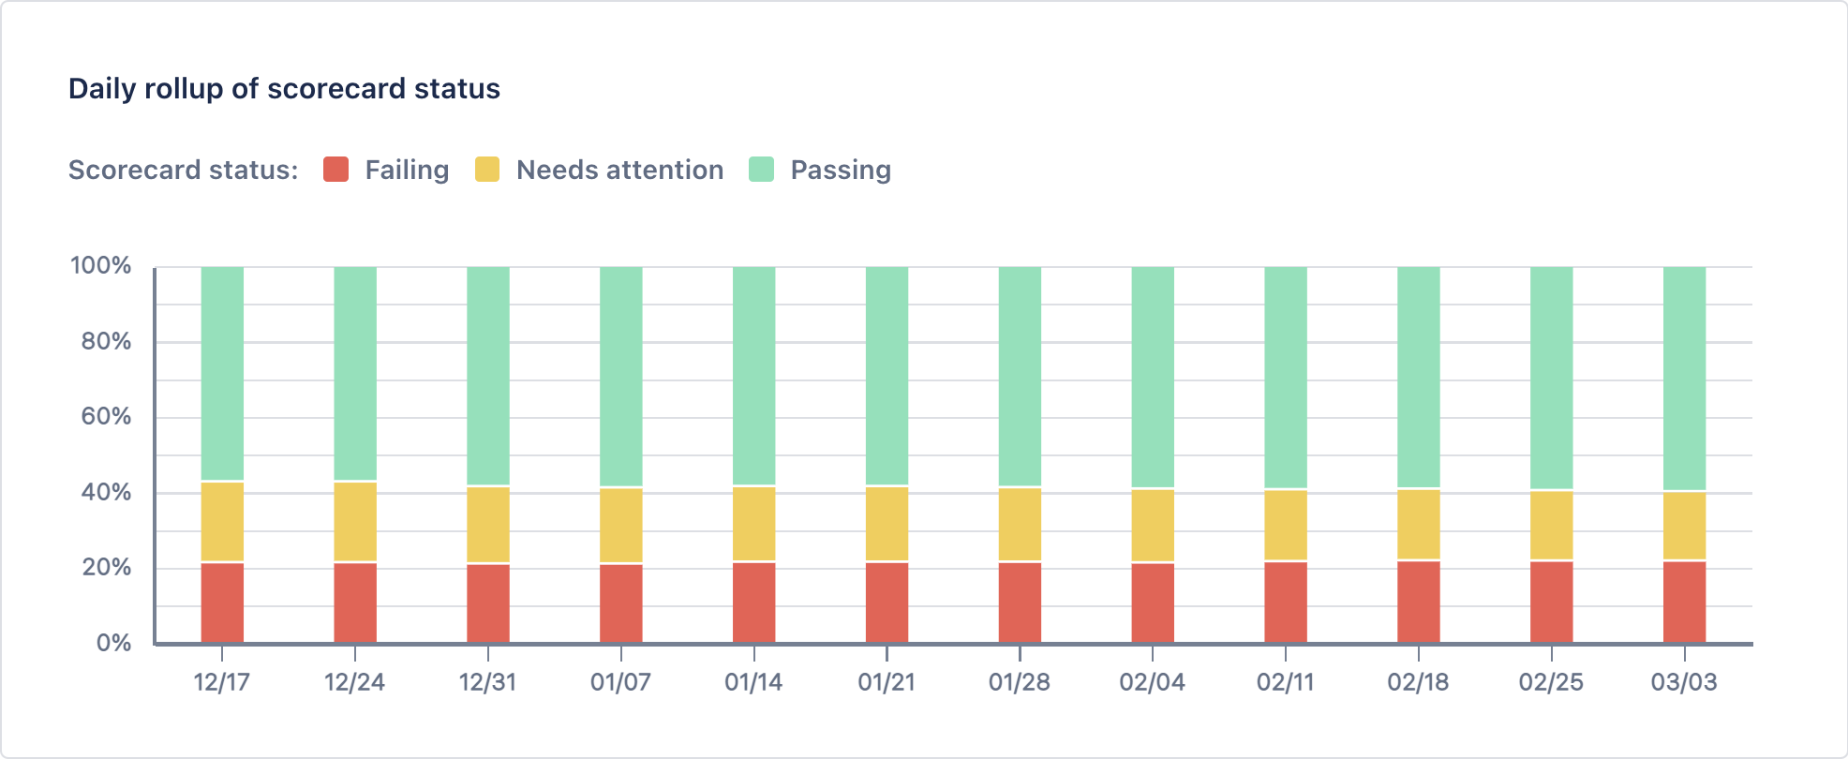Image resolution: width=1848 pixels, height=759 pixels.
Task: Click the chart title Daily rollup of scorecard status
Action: coord(284,88)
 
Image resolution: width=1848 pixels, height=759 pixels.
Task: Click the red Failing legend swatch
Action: coord(335,170)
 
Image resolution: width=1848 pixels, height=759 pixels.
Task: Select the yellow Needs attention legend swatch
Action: coord(487,170)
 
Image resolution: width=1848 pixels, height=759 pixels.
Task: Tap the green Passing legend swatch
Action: coord(761,170)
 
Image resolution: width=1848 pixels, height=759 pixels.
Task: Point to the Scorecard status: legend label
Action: coord(183,170)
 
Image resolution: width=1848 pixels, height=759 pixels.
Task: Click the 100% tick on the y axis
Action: coord(101,265)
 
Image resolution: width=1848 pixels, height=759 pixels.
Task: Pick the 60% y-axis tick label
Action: coord(106,416)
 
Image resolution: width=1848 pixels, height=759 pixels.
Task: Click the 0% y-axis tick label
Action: coord(113,643)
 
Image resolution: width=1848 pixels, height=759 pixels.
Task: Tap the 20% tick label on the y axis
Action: coord(106,567)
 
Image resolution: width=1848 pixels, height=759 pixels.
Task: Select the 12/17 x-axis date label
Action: coord(221,682)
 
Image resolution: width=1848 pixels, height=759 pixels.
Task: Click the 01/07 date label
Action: coord(620,682)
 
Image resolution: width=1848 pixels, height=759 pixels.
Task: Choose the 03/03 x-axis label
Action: coord(1684,682)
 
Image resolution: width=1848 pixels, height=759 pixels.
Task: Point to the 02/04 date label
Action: coord(1152,682)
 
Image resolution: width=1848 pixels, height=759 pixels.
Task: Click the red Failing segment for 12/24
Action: coord(355,603)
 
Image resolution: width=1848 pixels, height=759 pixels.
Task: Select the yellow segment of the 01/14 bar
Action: coord(753,524)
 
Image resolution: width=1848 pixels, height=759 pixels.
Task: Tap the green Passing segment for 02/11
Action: coord(1285,377)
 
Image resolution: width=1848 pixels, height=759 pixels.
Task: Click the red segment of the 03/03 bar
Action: coord(1684,602)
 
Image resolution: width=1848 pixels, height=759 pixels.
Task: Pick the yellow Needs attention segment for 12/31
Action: coord(488,525)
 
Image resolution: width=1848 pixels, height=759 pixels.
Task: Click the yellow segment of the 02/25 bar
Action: coord(1551,525)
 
